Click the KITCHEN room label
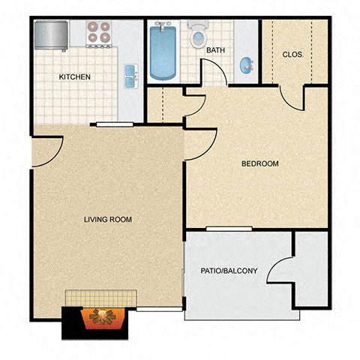75,76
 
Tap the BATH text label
215,50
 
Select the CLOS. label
292,54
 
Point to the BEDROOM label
259,163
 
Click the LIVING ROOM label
108,220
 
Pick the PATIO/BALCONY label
229,271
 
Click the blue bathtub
162,52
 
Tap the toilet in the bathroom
199,36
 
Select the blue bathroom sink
247,65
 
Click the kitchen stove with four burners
98,32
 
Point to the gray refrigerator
51,34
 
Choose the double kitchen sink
131,75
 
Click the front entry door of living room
46,152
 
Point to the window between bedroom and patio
229,228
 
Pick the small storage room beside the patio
311,268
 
